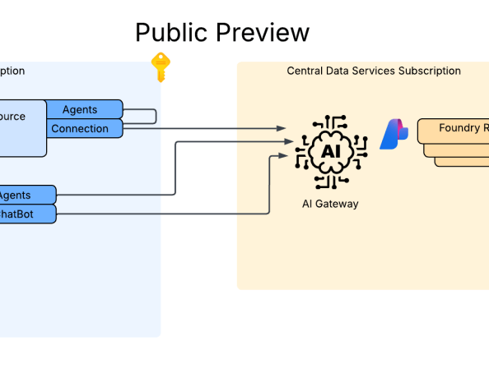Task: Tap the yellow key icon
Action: [160, 67]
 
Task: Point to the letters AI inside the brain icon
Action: [329, 152]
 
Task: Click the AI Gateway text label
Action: [330, 204]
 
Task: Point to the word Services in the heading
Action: [375, 71]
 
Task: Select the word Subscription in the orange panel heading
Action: [430, 71]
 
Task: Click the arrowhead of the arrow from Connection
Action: [282, 128]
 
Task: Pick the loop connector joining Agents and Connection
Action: [154, 117]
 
